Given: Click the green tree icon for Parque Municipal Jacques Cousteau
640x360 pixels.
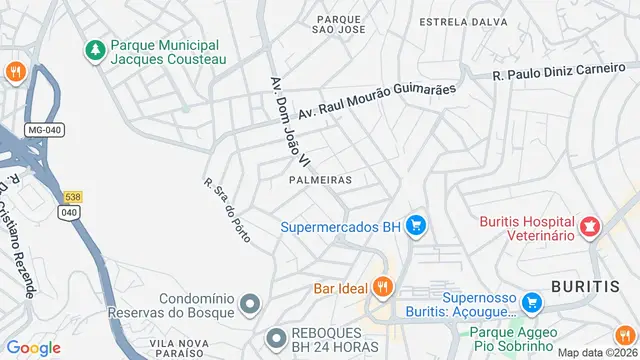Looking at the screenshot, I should click(x=95, y=50).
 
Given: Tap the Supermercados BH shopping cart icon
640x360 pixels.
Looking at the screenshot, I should click(x=416, y=227).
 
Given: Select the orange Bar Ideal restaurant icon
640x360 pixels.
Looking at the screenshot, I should click(x=380, y=288).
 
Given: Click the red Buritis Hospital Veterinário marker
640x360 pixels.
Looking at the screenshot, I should click(x=590, y=227).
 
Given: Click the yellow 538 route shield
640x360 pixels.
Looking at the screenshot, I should click(x=71, y=197).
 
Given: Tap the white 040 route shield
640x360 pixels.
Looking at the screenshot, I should click(x=69, y=212).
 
